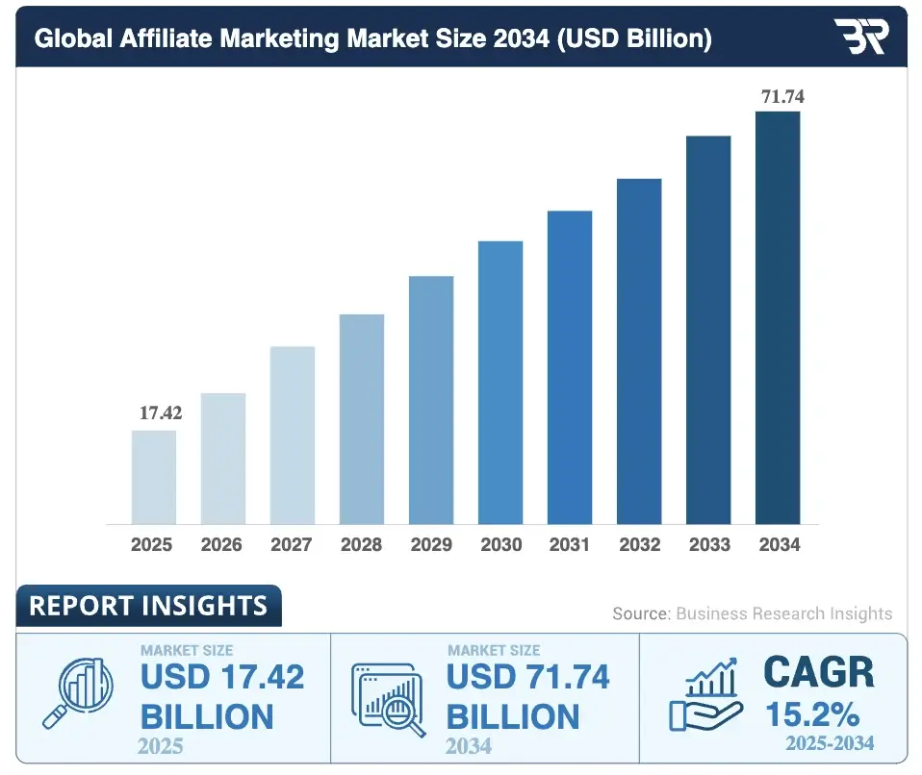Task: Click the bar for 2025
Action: point(153,477)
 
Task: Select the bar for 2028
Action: point(361,418)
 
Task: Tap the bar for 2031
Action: point(570,366)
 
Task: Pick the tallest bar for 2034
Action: point(778,317)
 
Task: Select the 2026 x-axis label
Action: point(221,545)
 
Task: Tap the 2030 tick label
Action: point(500,545)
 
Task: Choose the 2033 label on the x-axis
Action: point(709,545)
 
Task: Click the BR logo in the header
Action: point(861,37)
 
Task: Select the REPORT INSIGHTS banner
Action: point(148,606)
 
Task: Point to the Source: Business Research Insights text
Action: point(753,613)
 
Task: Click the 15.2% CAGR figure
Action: point(814,713)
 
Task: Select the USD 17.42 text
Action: point(221,677)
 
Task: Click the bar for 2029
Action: point(430,399)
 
